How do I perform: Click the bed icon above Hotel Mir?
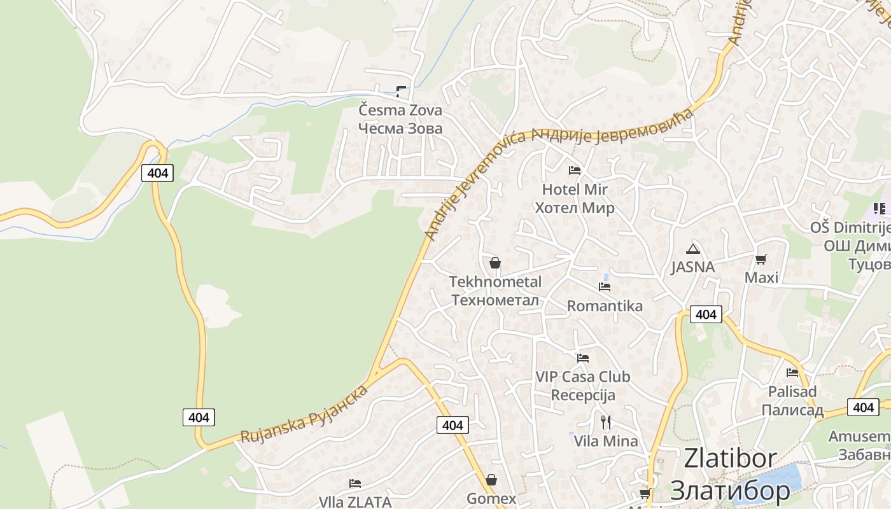click(575, 171)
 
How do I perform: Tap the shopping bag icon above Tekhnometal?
click(495, 263)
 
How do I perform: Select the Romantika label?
click(605, 306)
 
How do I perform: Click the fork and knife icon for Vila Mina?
click(606, 422)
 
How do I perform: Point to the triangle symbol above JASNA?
click(693, 249)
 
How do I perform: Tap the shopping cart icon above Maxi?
click(761, 259)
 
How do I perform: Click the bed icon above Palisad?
click(792, 373)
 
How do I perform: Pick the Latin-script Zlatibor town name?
click(731, 459)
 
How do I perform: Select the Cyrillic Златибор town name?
click(731, 490)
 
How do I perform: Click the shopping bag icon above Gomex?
click(491, 480)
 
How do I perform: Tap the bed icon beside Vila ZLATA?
click(355, 484)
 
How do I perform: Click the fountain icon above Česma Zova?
click(401, 91)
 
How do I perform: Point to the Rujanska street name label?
click(304, 414)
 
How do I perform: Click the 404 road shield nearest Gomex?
click(453, 425)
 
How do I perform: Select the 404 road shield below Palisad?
click(863, 407)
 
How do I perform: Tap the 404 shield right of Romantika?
click(706, 314)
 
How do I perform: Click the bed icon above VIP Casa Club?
click(583, 358)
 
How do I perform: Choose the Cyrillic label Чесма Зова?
click(400, 129)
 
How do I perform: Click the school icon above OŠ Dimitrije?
click(879, 208)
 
